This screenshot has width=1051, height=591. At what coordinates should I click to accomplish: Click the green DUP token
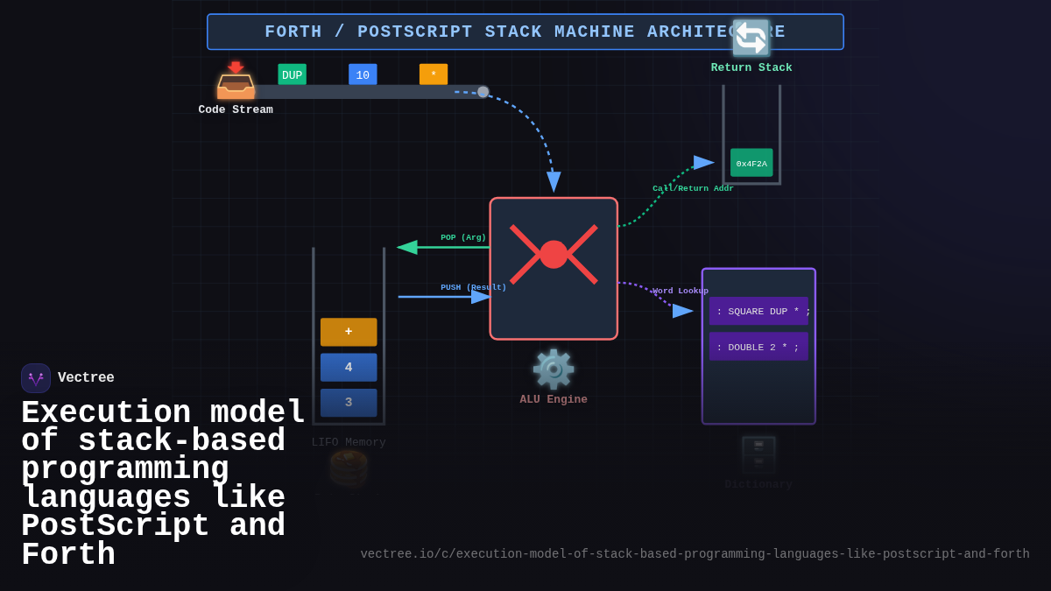point(292,75)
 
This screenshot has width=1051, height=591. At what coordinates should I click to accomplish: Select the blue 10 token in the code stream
point(363,75)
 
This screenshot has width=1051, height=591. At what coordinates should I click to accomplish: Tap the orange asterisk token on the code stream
point(434,74)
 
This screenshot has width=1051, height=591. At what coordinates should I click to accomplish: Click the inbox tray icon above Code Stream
point(236,81)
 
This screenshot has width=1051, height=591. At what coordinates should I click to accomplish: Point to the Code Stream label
point(236,110)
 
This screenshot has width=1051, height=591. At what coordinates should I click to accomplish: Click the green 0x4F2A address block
point(751,163)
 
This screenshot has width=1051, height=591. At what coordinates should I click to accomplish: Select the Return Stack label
point(751,68)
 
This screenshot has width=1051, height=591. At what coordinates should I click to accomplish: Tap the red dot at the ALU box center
point(554,255)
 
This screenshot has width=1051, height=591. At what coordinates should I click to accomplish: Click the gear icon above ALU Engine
point(554,369)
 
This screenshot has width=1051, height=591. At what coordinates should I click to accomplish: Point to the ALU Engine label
point(554,400)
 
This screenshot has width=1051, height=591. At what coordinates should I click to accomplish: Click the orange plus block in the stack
point(349,332)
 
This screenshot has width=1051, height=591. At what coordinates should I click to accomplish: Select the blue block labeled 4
point(349,368)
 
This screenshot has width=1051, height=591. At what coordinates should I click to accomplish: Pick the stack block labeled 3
point(349,403)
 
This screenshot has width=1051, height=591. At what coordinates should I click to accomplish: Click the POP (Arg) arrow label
point(463,238)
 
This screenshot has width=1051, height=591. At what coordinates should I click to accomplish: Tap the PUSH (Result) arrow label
point(473,287)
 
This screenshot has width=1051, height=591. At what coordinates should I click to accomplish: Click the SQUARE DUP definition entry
point(759,312)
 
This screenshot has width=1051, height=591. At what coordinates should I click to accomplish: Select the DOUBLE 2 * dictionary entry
point(758,347)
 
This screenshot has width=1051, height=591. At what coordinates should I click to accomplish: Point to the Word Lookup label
point(681,292)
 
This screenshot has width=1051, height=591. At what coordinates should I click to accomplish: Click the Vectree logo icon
point(36,378)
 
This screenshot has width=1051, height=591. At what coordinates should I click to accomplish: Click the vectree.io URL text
point(695,554)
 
